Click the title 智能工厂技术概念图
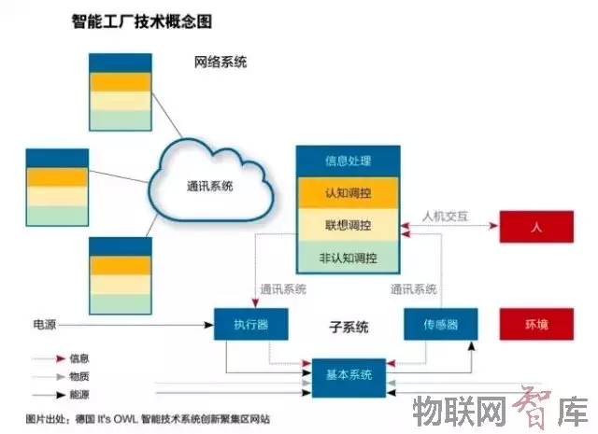coord(140,21)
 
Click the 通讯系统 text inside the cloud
coord(209,186)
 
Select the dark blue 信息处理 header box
coord(348,161)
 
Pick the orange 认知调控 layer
coord(348,193)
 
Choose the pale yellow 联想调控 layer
coord(348,225)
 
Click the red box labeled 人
coord(536,227)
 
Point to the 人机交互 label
coord(445,217)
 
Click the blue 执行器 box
coord(251,325)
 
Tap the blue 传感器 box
coord(439,325)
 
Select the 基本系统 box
coord(349,374)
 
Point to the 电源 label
coord(45,325)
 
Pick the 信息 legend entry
coord(78,357)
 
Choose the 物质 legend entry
coord(78,375)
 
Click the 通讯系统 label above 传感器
coord(414,289)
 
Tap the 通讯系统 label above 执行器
coord(283,289)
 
